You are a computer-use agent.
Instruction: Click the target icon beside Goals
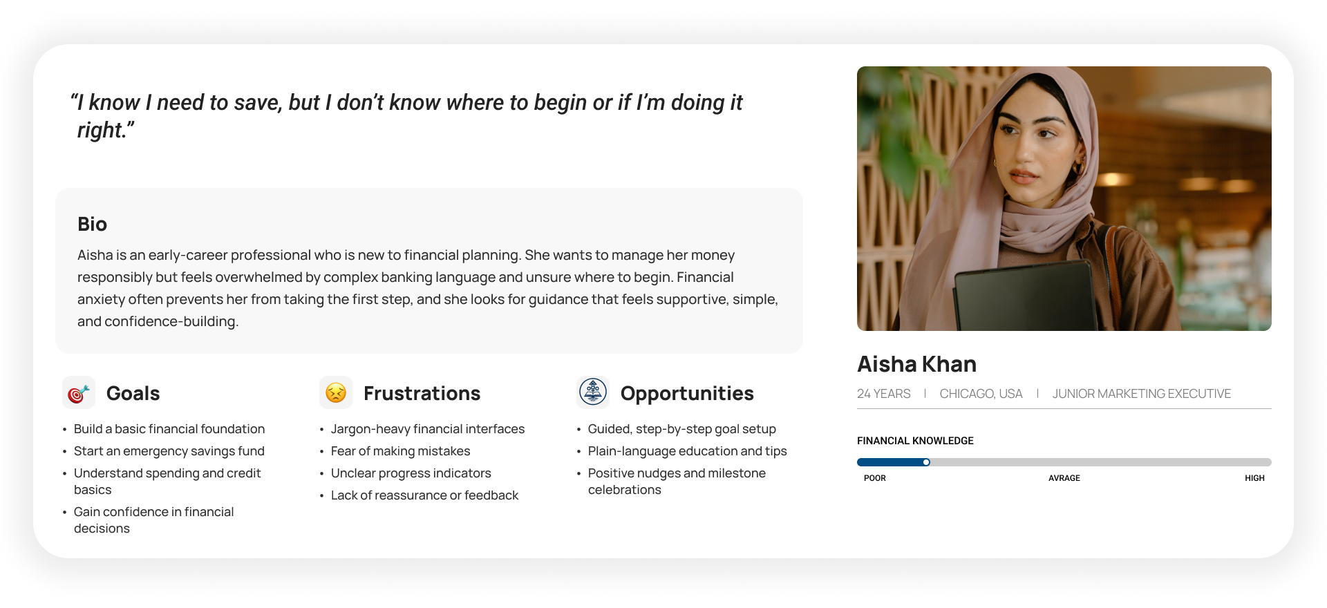click(x=79, y=393)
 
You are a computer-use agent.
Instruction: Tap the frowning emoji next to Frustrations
click(x=336, y=392)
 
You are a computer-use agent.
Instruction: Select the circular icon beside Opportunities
click(x=593, y=392)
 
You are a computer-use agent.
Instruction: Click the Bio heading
click(x=92, y=224)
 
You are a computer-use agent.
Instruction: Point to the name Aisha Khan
click(x=916, y=364)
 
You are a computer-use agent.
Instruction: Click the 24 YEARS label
click(x=883, y=394)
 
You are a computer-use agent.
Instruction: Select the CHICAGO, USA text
click(x=981, y=394)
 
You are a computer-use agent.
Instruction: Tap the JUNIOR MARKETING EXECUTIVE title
click(x=1142, y=394)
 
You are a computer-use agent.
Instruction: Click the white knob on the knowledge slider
click(x=926, y=462)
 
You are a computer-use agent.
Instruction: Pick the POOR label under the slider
click(x=874, y=478)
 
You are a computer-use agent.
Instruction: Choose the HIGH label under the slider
click(x=1254, y=478)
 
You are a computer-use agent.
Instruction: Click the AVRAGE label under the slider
click(x=1064, y=478)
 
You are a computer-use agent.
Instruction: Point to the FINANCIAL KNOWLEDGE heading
click(x=915, y=441)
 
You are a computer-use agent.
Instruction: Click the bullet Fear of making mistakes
click(x=400, y=451)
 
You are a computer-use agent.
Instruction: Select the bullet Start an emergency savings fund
click(x=169, y=451)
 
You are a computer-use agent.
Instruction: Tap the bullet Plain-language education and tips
click(x=687, y=451)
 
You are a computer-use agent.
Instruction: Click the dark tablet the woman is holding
click(x=1023, y=297)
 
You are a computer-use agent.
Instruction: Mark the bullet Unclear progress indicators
click(x=411, y=473)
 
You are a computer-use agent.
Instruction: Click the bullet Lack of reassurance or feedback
click(x=424, y=495)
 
